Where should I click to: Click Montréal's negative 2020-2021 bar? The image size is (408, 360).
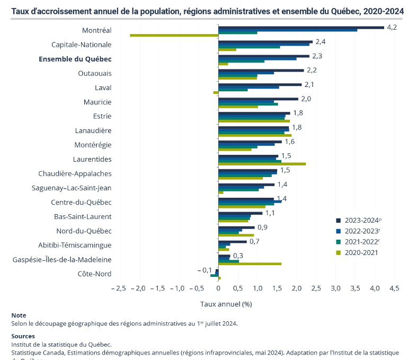174,36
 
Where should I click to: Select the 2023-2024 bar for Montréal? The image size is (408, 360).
301,27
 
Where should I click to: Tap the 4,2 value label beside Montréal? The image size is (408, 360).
392,27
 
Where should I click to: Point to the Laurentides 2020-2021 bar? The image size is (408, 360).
262,164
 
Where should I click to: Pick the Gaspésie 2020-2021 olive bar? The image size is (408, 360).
250,264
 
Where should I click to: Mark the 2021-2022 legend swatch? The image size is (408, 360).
338,242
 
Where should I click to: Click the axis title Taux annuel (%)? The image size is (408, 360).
226,304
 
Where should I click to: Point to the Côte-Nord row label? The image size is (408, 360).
94,274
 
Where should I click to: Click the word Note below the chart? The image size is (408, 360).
19,315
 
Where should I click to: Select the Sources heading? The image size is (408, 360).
23,336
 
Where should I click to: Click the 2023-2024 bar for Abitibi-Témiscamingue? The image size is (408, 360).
233,242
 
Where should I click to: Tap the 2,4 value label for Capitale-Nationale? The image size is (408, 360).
321,41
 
